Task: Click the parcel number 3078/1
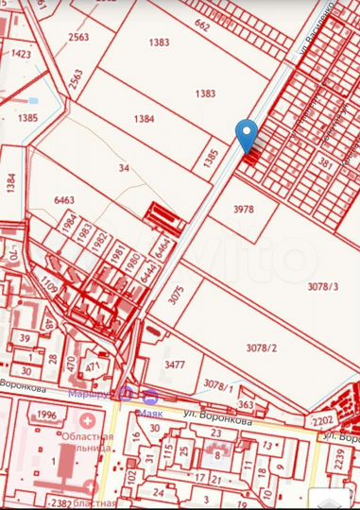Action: tap(216, 384)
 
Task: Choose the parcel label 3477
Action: tap(175, 364)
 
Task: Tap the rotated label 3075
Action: tap(175, 294)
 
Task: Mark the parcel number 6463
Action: tap(64, 199)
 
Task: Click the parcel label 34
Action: tap(123, 168)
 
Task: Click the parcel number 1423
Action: tap(21, 54)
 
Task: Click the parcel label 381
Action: tap(326, 162)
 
